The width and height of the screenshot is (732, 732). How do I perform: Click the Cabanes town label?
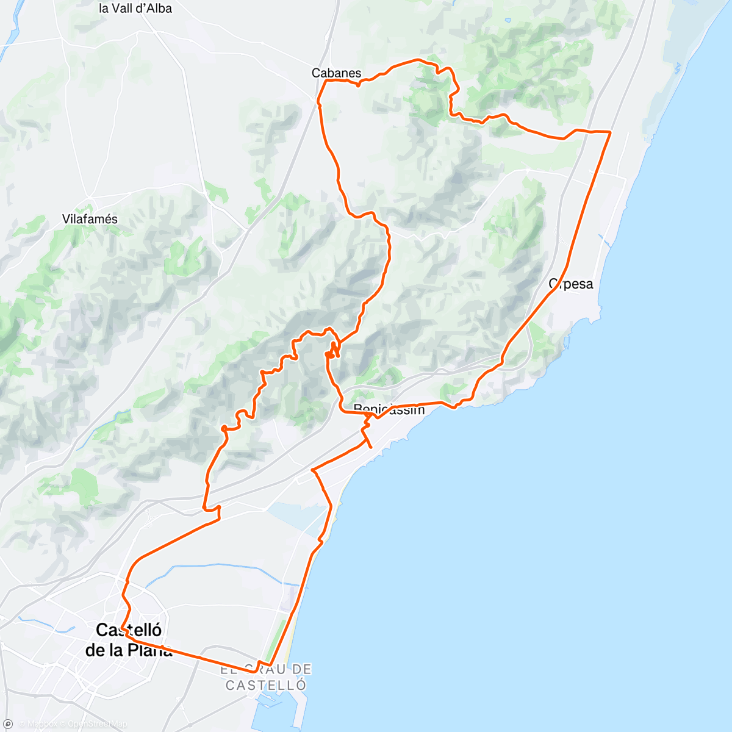click(336, 73)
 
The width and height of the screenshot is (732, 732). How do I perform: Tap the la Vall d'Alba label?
click(135, 9)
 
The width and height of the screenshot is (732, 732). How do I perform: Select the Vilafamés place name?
click(90, 219)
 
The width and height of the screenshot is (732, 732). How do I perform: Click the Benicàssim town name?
click(389, 409)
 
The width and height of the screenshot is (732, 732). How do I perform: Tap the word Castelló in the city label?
click(129, 630)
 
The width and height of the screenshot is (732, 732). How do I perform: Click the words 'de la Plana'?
click(129, 650)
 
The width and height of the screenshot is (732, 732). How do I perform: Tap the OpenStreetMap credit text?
click(97, 724)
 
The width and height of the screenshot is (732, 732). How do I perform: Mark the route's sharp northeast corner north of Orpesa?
click(610, 132)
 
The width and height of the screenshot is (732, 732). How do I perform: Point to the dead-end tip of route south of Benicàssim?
click(370, 448)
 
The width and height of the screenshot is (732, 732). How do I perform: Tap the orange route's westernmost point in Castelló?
click(121, 627)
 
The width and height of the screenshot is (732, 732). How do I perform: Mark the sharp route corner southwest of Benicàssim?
click(313, 470)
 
